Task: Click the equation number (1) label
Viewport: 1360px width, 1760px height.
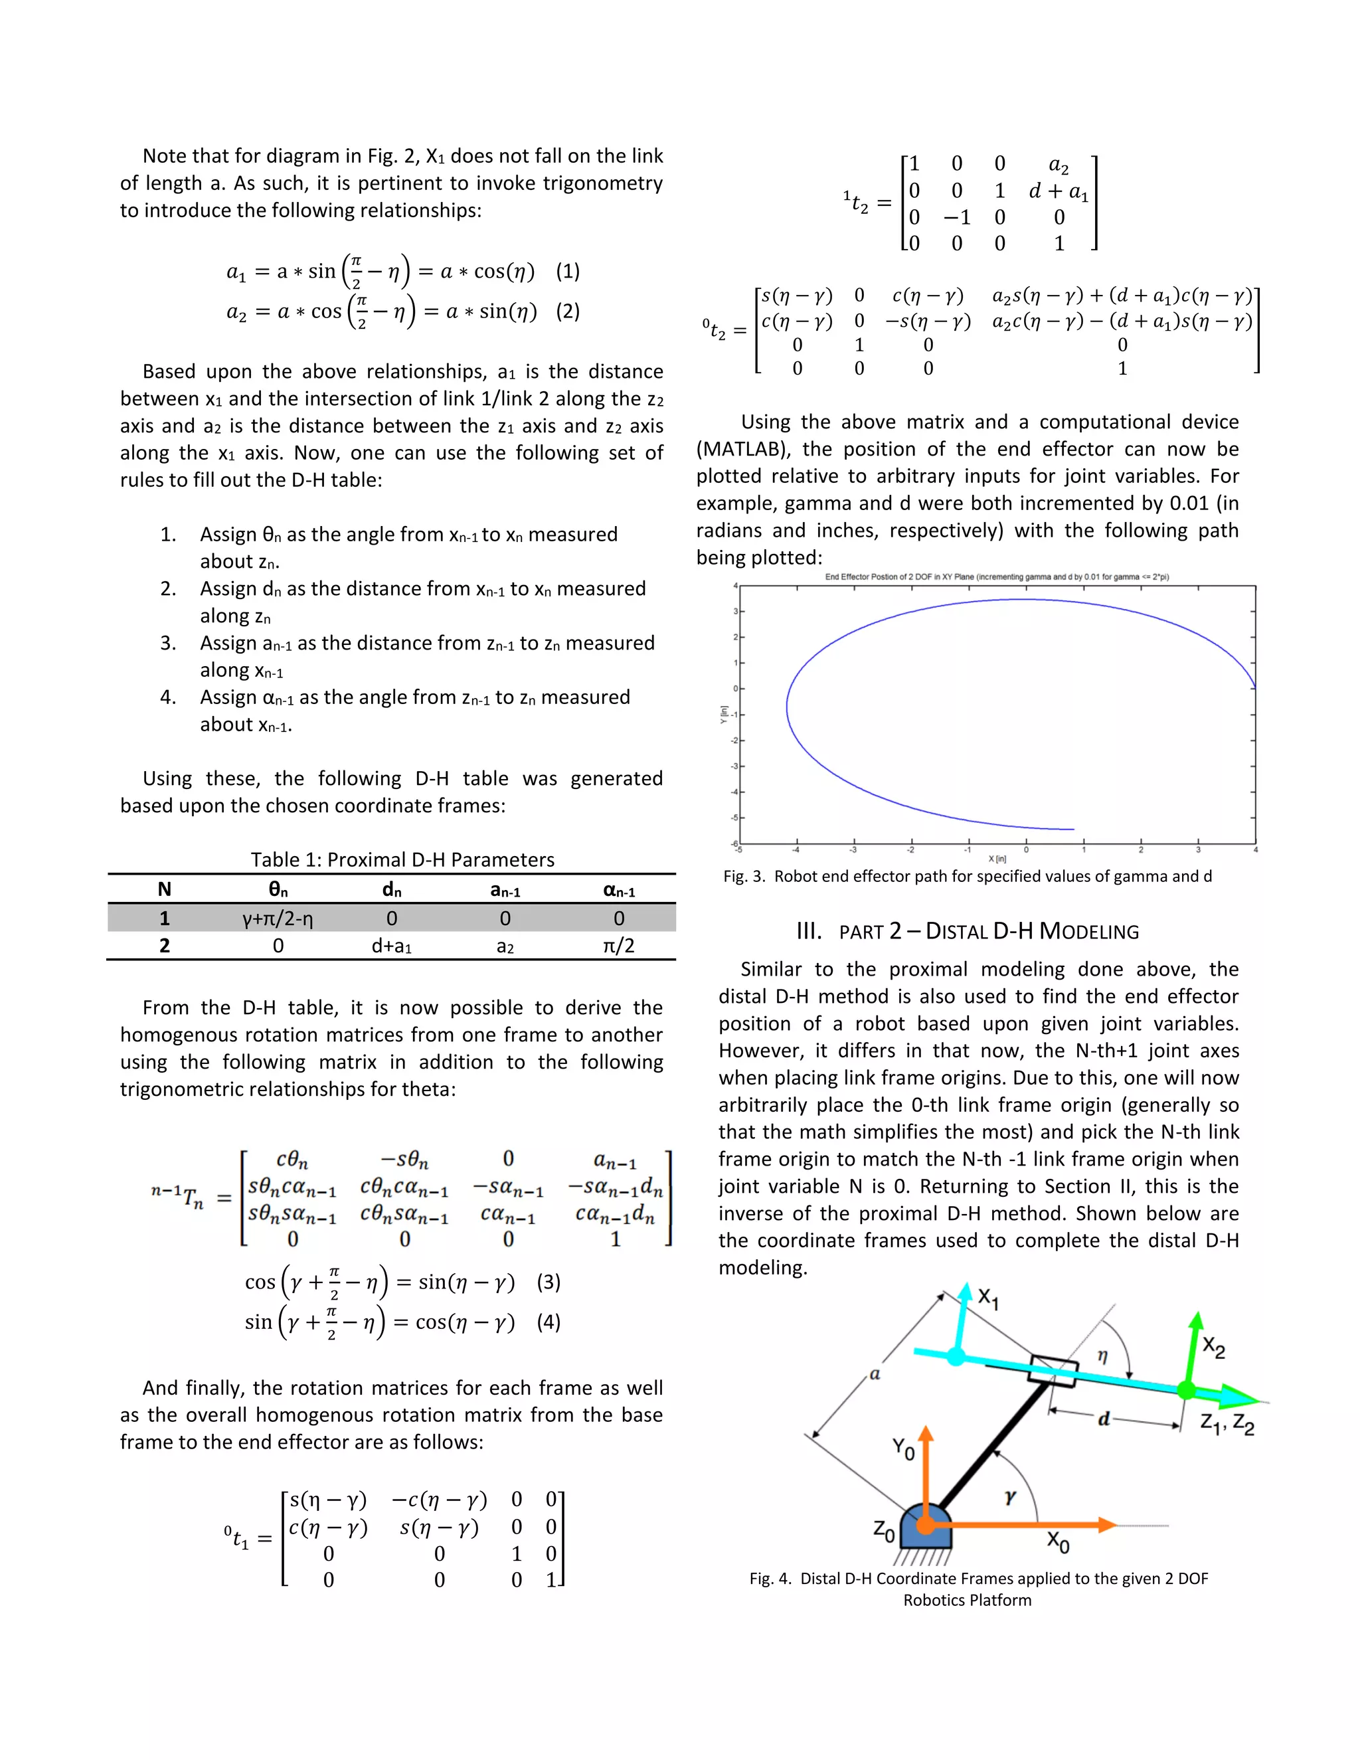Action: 567,271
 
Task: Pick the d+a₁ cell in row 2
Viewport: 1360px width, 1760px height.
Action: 392,945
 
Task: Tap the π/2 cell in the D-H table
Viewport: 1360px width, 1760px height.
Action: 618,945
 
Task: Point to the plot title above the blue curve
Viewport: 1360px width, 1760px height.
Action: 997,577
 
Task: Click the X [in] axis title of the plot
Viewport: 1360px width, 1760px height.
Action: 997,859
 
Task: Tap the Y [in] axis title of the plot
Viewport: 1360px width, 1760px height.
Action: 724,714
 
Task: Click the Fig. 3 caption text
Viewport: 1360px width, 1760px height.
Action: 967,876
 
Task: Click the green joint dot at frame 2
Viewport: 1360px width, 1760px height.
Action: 1186,1390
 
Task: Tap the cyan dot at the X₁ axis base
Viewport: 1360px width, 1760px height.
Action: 956,1356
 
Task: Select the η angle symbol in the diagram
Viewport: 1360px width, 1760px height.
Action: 1102,1356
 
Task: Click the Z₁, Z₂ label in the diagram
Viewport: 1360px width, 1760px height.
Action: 1227,1424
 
